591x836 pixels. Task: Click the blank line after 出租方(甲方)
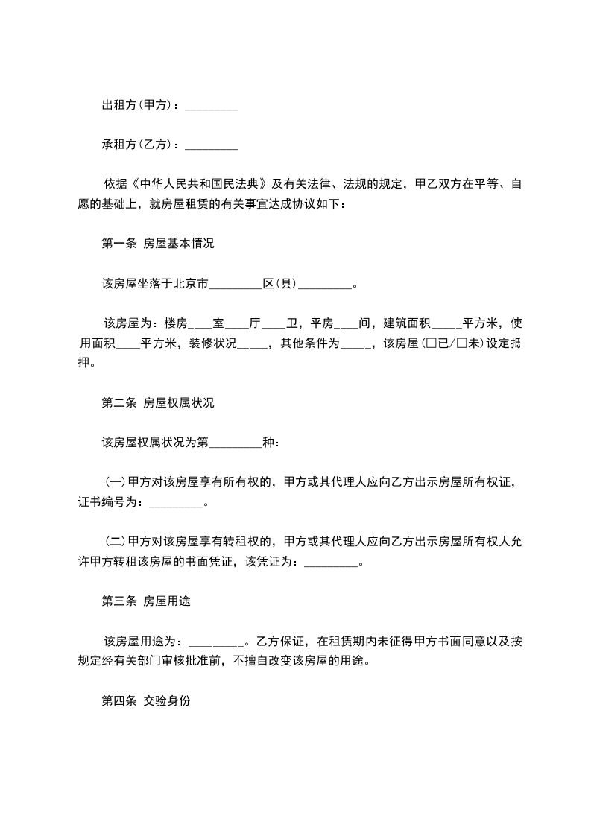click(x=211, y=107)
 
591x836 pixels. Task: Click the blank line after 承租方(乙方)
click(x=211, y=146)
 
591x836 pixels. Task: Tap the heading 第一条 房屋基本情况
click(x=157, y=244)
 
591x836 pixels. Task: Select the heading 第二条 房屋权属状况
click(x=157, y=403)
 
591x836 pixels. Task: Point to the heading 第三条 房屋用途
click(x=145, y=601)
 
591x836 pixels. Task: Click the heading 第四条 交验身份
click(x=145, y=702)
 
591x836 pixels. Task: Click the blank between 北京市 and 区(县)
click(x=236, y=284)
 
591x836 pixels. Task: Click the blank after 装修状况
click(x=252, y=344)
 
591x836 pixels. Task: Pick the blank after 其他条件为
click(x=355, y=344)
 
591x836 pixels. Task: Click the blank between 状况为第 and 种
click(x=236, y=443)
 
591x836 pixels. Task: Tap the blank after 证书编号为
click(x=176, y=504)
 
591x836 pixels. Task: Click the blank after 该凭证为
click(x=332, y=563)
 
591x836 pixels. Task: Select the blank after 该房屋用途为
click(x=216, y=642)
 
